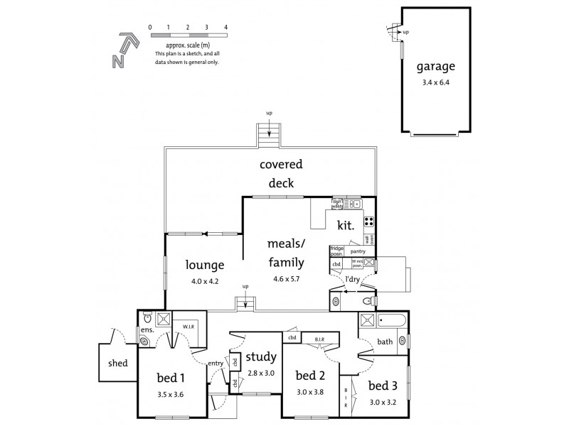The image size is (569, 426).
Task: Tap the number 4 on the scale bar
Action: pyautogui.click(x=225, y=27)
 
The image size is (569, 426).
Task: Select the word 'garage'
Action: pyautogui.click(x=435, y=69)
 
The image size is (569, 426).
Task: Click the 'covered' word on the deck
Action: pyautogui.click(x=280, y=165)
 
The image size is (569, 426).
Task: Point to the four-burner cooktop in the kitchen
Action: pyautogui.click(x=369, y=221)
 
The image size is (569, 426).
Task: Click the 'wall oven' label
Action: pyautogui.click(x=372, y=238)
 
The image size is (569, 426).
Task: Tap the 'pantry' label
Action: pyautogui.click(x=358, y=251)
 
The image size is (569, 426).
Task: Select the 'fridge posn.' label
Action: pyautogui.click(x=336, y=251)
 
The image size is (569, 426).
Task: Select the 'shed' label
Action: pyautogui.click(x=119, y=363)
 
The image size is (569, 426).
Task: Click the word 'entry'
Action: pyautogui.click(x=216, y=364)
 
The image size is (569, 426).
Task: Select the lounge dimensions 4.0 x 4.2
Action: pyautogui.click(x=205, y=281)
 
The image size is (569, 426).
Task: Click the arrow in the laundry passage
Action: pyautogui.click(x=349, y=290)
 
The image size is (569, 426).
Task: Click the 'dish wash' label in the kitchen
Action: pyautogui.click(x=337, y=204)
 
